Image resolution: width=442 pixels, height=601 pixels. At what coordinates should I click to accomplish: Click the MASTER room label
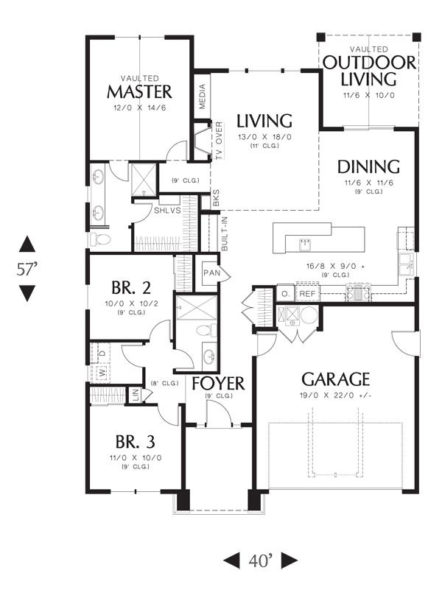pyautogui.click(x=139, y=92)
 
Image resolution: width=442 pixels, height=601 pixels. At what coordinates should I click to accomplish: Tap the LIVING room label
pyautogui.click(x=264, y=120)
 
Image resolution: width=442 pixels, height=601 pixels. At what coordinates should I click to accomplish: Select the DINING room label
pyautogui.click(x=368, y=166)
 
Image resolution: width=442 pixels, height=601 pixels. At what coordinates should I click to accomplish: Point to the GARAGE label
pyautogui.click(x=335, y=379)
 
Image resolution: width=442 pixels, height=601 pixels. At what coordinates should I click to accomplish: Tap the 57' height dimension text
pyautogui.click(x=27, y=269)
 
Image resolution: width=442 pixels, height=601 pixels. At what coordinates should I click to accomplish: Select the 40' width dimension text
pyautogui.click(x=260, y=560)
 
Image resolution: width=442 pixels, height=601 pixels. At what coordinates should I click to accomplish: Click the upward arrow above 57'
pyautogui.click(x=27, y=244)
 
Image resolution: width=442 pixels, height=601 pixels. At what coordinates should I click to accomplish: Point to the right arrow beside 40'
pyautogui.click(x=289, y=560)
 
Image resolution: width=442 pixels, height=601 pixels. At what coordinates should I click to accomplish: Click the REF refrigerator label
pyautogui.click(x=307, y=293)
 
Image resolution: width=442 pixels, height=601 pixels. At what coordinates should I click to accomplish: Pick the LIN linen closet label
pyautogui.click(x=136, y=396)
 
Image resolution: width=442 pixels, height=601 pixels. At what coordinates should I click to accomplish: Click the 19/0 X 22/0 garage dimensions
pyautogui.click(x=335, y=396)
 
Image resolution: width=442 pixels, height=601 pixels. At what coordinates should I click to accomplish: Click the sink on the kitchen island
pyautogui.click(x=304, y=242)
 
